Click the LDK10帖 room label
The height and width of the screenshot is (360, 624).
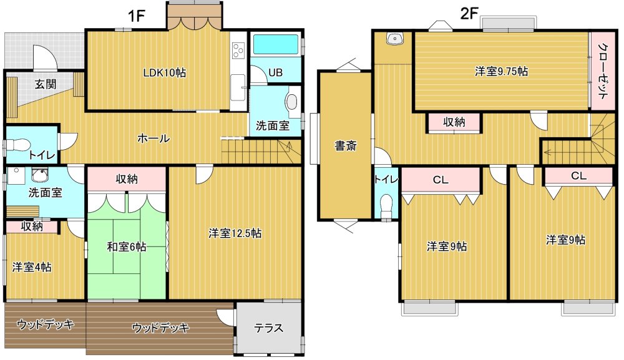[x=165, y=73]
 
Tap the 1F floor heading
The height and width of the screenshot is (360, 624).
[x=135, y=16]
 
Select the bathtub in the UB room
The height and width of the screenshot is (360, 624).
[x=276, y=44]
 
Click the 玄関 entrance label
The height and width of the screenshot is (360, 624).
[x=45, y=84]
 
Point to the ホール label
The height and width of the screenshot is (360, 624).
[x=154, y=139]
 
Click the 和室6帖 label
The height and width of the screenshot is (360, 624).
[x=127, y=246]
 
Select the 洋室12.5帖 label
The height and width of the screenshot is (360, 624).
[x=235, y=233]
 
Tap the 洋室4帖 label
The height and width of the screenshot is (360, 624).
[x=32, y=266]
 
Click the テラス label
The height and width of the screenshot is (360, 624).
[x=269, y=328]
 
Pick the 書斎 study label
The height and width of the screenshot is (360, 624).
[x=346, y=146]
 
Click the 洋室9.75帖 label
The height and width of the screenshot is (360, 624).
[x=502, y=71]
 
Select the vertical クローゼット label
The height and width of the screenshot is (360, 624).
[x=603, y=71]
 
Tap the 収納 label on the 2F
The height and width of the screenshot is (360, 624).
[x=454, y=122]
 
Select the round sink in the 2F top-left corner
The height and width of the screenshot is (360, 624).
[x=395, y=39]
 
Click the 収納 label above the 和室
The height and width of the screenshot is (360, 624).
[x=127, y=179]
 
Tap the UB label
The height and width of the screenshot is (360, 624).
[x=275, y=73]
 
